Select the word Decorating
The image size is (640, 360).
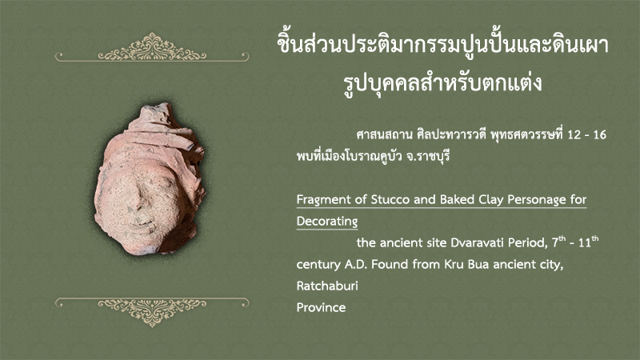click(x=327, y=222)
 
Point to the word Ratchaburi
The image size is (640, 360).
click(x=327, y=286)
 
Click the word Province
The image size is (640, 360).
click(x=322, y=307)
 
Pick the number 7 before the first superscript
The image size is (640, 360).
click(x=555, y=243)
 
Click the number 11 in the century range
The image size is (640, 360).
click(x=585, y=243)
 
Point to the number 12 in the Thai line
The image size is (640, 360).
click(x=574, y=134)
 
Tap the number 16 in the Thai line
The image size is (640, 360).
click(x=600, y=134)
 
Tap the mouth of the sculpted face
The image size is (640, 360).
click(x=141, y=223)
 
